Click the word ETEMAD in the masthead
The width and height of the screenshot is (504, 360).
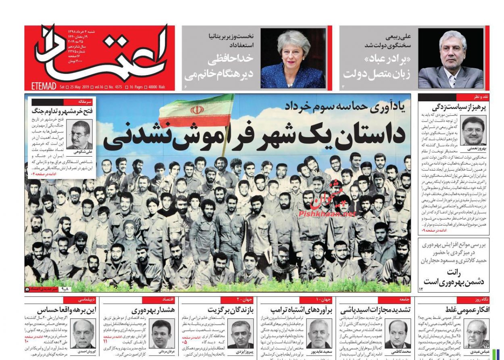point(44,86)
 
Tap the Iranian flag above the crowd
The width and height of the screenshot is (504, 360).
point(196,111)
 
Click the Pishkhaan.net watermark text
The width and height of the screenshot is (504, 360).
point(327,213)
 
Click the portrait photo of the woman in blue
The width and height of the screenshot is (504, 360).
point(293,59)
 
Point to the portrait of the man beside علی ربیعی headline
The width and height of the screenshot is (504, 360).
point(450,59)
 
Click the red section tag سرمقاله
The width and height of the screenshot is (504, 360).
point(85,102)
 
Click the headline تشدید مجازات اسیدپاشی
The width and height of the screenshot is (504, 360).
point(375,310)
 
